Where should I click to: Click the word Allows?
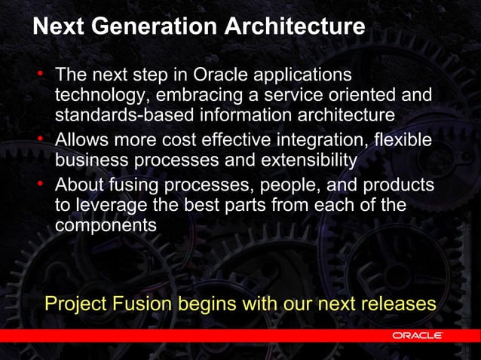83,140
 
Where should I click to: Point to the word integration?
329,141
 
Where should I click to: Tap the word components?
106,225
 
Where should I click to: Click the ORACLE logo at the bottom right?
417,334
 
